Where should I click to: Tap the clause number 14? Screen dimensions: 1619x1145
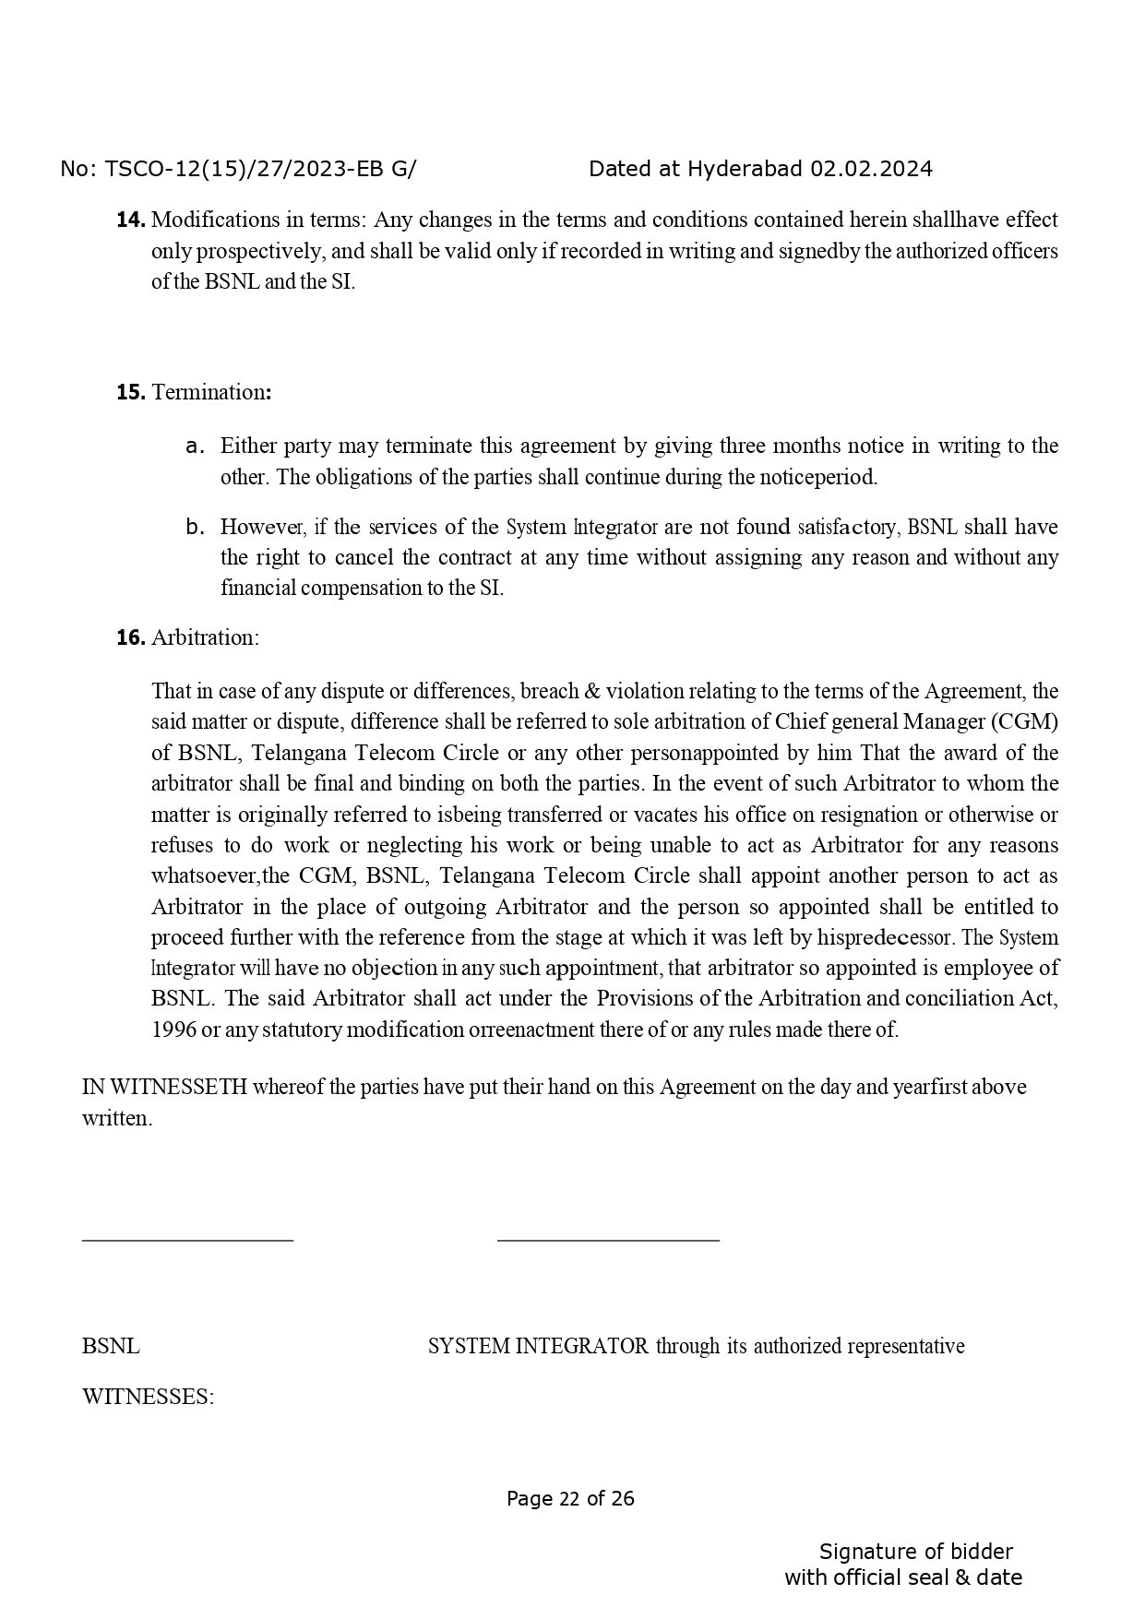click(x=130, y=220)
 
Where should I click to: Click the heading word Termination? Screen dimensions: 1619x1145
click(x=209, y=392)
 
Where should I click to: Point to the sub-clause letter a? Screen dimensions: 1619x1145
click(x=193, y=446)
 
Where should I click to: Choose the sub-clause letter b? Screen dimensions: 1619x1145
click(x=194, y=528)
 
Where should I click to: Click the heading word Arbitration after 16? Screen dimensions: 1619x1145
click(x=205, y=637)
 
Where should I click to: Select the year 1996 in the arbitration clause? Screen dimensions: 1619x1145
click(x=173, y=1030)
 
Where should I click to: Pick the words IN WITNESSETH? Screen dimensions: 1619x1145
click(x=164, y=1087)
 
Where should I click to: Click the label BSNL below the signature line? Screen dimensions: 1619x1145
click(x=111, y=1346)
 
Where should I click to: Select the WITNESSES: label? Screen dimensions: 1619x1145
click(x=148, y=1397)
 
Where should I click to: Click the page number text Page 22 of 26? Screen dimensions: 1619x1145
click(x=570, y=1498)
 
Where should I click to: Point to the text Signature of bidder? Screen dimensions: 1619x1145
click(x=915, y=1552)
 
